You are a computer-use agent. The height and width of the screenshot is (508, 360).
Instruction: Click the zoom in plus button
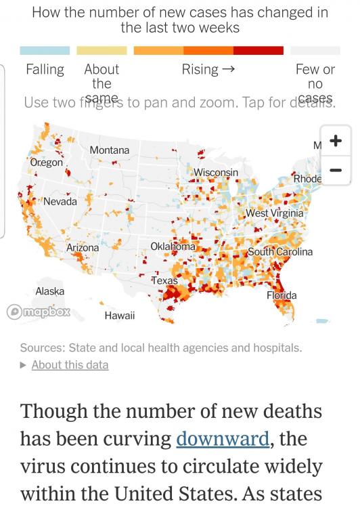pos(335,142)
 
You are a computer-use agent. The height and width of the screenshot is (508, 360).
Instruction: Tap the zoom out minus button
pos(335,170)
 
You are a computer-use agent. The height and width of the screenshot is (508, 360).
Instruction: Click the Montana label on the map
pos(109,150)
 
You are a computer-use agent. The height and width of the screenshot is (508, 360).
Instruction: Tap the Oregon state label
pos(47,163)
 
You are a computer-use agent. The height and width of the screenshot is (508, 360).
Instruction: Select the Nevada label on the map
pos(60,201)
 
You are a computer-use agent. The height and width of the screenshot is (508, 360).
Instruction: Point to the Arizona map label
pos(82,248)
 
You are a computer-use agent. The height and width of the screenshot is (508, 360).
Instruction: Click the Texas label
pos(164,280)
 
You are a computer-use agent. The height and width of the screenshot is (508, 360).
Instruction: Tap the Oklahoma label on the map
pos(173,247)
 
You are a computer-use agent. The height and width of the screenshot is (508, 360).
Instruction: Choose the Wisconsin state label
pos(216,173)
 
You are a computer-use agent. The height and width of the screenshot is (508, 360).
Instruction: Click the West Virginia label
pos(275,213)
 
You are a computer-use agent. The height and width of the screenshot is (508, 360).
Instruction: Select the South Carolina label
pos(280,251)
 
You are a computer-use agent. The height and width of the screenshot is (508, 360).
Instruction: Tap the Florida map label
pos(282,295)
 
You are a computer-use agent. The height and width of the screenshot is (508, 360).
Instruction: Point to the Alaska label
pos(49,291)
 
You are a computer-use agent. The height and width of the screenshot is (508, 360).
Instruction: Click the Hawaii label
pos(119,316)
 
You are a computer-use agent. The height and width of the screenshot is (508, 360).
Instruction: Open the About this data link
pos(70,364)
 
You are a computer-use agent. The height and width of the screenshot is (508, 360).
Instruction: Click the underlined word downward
pos(222,438)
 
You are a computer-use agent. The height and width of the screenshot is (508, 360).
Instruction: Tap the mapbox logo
pos(38,312)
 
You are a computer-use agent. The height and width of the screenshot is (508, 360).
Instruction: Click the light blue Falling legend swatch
pos(45,51)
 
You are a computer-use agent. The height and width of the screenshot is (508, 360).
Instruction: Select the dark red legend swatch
pos(258,51)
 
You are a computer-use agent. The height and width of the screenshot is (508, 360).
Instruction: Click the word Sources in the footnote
pos(42,348)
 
